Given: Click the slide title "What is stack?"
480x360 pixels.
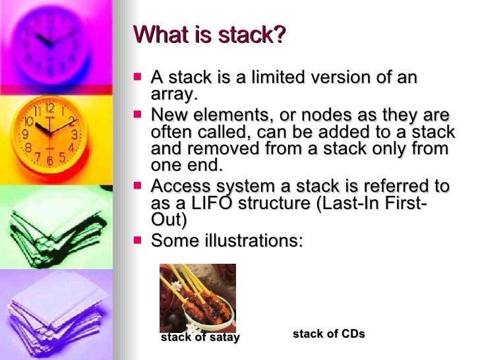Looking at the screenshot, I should click(x=210, y=34).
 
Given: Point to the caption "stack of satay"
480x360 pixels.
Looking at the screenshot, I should click(x=200, y=338).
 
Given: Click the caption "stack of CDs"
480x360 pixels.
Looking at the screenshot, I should click(x=328, y=334).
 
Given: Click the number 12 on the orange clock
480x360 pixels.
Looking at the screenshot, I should click(x=50, y=107).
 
